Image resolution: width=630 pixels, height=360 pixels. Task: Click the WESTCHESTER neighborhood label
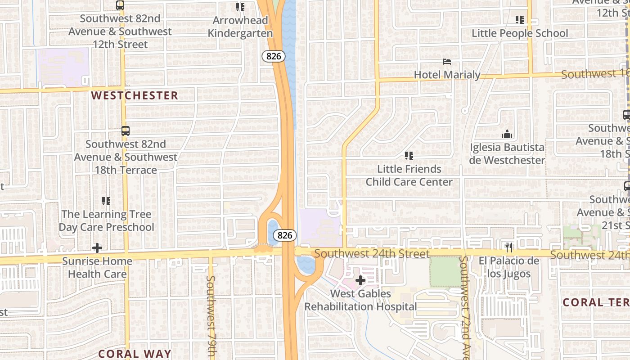pyautogui.click(x=135, y=95)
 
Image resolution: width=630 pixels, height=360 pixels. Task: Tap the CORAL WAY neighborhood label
pyautogui.click(x=135, y=354)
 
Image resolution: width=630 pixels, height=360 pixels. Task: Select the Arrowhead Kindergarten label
pyautogui.click(x=240, y=27)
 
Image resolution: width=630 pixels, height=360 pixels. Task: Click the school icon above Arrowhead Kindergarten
pyautogui.click(x=240, y=7)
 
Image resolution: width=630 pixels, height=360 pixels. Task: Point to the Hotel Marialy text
pyautogui.click(x=447, y=75)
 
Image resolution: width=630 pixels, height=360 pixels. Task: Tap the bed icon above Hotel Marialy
pyautogui.click(x=447, y=62)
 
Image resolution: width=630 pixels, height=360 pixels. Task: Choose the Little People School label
pyautogui.click(x=520, y=33)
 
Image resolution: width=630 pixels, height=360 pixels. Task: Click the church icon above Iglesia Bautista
pyautogui.click(x=507, y=134)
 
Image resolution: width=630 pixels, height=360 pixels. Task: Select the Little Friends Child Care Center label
pyautogui.click(x=409, y=175)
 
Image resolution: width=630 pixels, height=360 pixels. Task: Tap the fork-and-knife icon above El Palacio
pyautogui.click(x=509, y=247)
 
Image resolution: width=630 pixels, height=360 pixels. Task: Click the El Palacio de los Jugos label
pyautogui.click(x=509, y=267)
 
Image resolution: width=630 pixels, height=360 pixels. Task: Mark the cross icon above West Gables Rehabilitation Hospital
pyautogui.click(x=360, y=280)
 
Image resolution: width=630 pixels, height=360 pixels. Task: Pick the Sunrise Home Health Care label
pyautogui.click(x=97, y=267)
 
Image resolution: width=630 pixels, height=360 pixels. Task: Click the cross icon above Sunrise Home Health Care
pyautogui.click(x=97, y=248)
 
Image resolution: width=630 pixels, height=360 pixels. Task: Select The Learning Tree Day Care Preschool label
pyautogui.click(x=106, y=220)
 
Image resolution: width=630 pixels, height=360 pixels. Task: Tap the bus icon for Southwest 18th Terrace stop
pyautogui.click(x=126, y=131)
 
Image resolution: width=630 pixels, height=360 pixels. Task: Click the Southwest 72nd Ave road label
pyautogui.click(x=464, y=306)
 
